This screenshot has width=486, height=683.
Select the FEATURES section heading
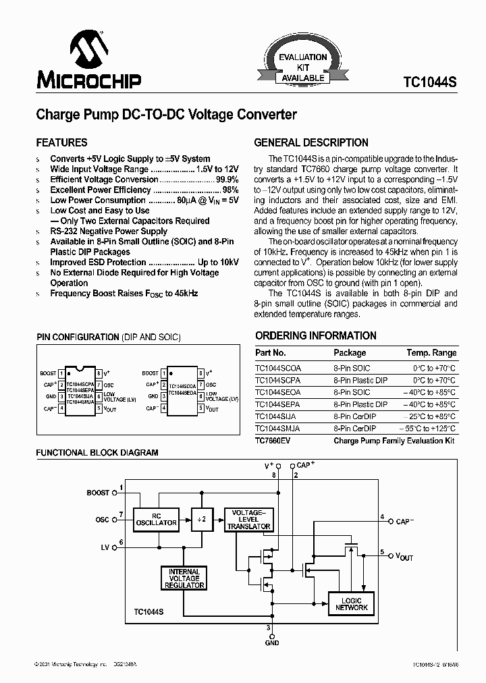61,142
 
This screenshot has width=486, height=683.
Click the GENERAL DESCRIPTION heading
311,142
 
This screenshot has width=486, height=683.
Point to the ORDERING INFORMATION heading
316,335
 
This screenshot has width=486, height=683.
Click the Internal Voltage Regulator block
184,578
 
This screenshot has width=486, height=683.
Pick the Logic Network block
352,603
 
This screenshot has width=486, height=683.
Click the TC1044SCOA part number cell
278,368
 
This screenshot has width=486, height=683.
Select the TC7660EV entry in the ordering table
273,441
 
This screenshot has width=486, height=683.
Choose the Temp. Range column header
431,352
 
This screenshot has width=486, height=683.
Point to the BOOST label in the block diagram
98,493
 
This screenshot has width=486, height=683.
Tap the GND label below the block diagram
272,643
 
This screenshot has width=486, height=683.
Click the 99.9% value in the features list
227,180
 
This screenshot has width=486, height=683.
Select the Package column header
350,352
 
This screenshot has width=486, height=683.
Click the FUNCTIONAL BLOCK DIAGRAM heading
97,452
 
